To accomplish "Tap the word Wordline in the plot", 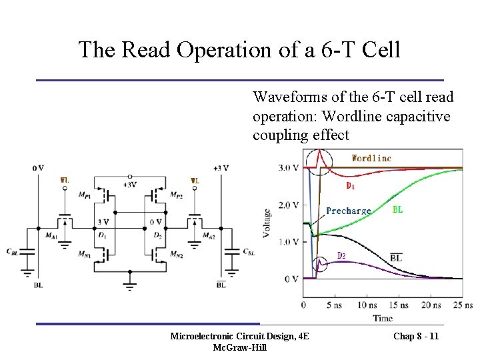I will tap(371, 158).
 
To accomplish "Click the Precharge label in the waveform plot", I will tap(348, 211).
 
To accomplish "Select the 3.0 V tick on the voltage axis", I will tap(287, 167).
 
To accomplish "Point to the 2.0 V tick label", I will tap(287, 205).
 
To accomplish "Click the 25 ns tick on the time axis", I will tap(459, 305).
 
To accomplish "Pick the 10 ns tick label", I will tap(366, 305).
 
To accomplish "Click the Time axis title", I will tap(383, 318).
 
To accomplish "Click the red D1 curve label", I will tap(349, 185).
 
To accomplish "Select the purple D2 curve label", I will tap(341, 255).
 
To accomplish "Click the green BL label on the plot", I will tap(397, 209).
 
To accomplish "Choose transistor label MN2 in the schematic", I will tap(176, 255).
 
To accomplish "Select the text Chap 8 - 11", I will tap(416, 336).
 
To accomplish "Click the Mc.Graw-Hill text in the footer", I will tap(239, 347).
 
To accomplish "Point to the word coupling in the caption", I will tap(280, 135).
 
